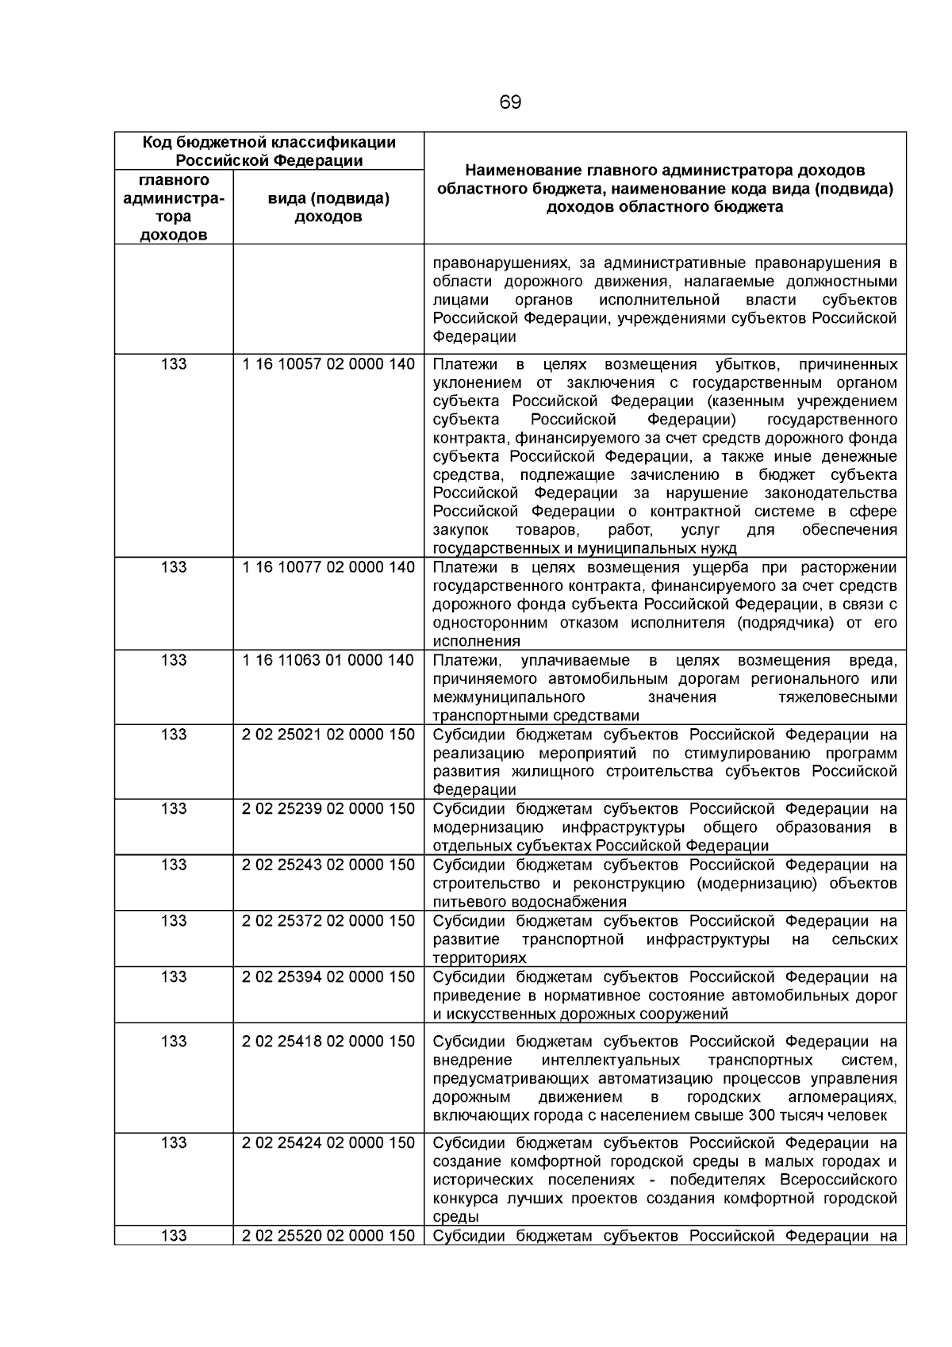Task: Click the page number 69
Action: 510,103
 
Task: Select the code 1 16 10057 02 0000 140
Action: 328,364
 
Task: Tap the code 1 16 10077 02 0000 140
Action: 328,567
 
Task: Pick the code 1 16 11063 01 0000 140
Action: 328,660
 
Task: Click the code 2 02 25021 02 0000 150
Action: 328,735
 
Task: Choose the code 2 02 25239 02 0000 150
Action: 328,809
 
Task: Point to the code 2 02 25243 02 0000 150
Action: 328,865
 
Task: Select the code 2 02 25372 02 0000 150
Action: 328,921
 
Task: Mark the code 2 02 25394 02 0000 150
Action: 328,977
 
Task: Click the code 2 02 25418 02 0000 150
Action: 328,1042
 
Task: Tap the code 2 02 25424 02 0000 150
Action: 328,1142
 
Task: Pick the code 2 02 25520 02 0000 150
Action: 328,1236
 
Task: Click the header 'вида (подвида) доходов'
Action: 328,208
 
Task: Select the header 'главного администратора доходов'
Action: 174,207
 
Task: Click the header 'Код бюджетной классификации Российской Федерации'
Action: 269,151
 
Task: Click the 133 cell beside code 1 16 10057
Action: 174,364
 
